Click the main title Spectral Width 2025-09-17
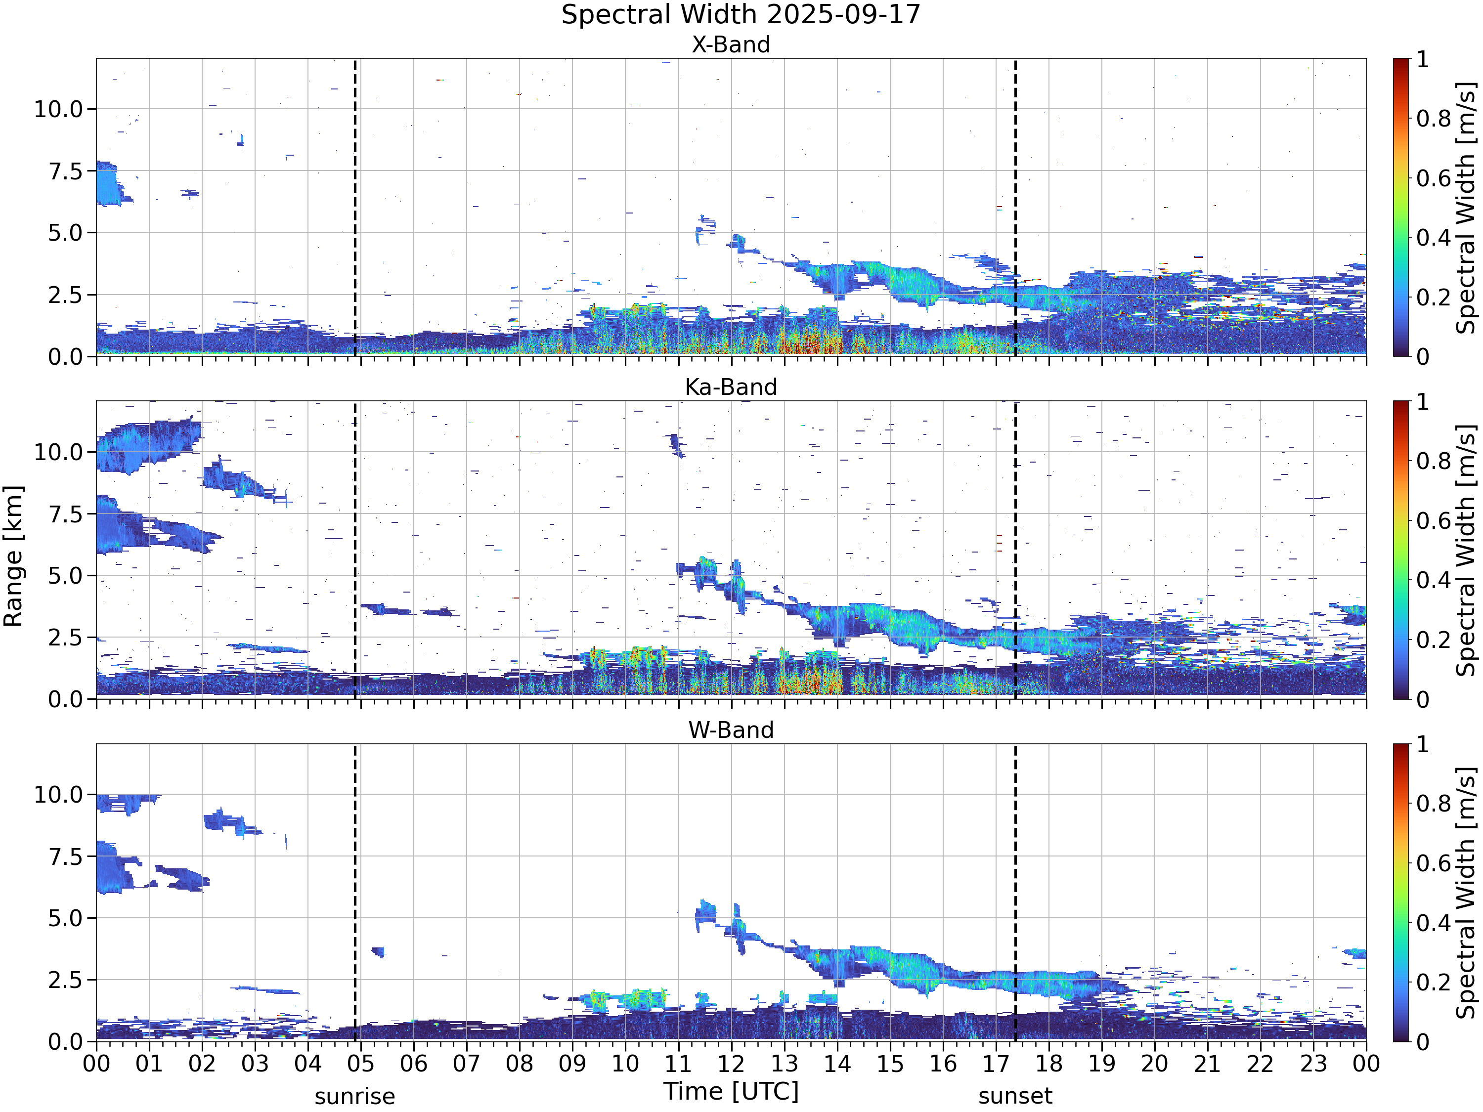741,15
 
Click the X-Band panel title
731,44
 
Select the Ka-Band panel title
731,387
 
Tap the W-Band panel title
731,729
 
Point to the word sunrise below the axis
354,1097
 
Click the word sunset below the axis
1015,1097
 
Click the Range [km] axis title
13,556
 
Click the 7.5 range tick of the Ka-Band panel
66,514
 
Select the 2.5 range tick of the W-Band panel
66,980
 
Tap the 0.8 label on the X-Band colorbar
1434,119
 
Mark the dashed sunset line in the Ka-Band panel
1015,550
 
